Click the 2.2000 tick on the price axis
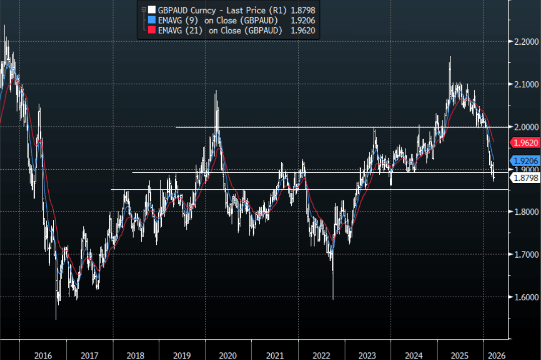coord(523,42)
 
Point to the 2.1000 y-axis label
coord(523,84)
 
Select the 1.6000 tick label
coord(523,297)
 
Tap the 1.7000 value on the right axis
coord(523,255)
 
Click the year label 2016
coord(43,355)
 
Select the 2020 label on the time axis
coord(228,355)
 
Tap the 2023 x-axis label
coord(367,355)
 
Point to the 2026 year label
coord(496,355)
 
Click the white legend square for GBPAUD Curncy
coord(151,10)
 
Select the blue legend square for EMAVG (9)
coord(151,20)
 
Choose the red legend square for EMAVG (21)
coord(151,31)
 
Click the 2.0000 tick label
coord(523,127)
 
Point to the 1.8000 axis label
coord(523,212)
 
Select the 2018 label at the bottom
coord(135,355)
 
